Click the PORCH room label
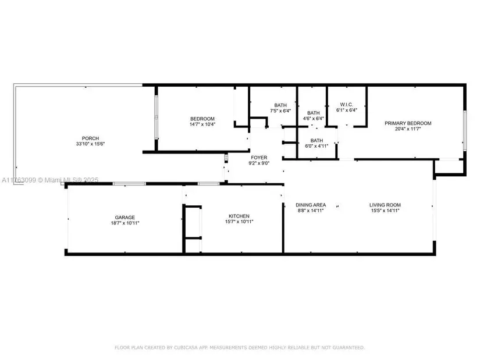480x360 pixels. [90, 138]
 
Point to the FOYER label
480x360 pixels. [259, 158]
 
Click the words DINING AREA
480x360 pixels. [310, 205]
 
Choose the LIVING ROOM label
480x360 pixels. [385, 205]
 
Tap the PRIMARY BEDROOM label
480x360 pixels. [407, 123]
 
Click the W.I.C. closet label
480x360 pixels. [347, 105]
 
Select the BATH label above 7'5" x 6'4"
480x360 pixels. [280, 105]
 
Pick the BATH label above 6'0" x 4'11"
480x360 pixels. [317, 140]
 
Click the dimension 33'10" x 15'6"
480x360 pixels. [90, 144]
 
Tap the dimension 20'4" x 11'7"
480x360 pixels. [407, 129]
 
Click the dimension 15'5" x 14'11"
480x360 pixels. [385, 211]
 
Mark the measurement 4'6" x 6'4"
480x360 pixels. [314, 119]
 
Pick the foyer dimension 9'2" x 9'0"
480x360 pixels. [259, 163]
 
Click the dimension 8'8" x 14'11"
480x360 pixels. [310, 211]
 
